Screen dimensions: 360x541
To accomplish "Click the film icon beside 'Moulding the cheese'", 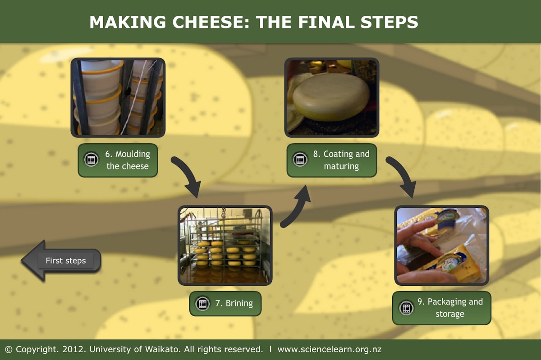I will [x=92, y=159].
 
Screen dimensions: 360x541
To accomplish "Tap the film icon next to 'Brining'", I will [x=203, y=303].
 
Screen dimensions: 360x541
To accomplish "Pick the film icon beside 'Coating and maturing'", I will [x=300, y=159].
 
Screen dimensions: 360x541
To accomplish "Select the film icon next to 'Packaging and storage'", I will [x=406, y=308].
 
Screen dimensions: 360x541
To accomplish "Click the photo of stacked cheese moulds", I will [x=118, y=97].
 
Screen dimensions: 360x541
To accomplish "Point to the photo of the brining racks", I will [x=225, y=246].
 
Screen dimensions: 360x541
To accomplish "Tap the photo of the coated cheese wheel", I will [x=331, y=97].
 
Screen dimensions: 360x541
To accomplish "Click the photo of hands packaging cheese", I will [x=441, y=246].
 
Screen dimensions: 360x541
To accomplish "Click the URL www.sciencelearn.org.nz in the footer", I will [x=330, y=349].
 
